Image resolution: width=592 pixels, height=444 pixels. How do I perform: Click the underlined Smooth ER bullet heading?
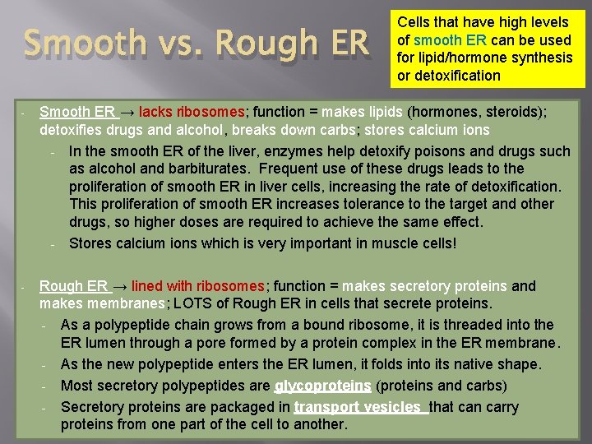click(77, 112)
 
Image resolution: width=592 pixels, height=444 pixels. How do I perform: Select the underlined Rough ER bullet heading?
click(73, 286)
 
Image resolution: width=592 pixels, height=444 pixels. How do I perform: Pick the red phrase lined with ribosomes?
click(197, 286)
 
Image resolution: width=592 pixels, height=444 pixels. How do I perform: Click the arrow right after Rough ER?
click(120, 286)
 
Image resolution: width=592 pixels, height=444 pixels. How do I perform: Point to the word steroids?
click(502, 112)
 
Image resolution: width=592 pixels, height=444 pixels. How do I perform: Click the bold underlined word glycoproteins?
click(322, 386)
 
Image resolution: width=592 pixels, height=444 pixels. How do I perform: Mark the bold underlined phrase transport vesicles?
click(360, 407)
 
